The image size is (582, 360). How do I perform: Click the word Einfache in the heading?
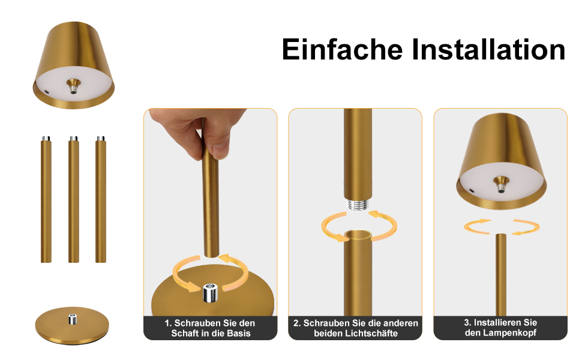342,49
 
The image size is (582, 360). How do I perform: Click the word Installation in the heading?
488,49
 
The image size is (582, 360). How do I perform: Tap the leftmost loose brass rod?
46,200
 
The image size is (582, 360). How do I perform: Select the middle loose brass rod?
73,200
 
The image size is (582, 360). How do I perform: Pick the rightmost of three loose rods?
101,200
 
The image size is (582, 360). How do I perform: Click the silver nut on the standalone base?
73,319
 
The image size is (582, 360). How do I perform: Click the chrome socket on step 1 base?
211,292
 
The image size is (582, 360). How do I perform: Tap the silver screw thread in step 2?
358,205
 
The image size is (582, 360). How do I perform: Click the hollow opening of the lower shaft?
358,235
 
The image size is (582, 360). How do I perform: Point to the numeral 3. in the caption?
467,323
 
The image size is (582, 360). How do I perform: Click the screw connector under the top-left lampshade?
73,86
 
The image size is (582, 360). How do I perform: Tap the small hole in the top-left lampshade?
46,91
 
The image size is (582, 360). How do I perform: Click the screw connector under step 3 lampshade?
501,184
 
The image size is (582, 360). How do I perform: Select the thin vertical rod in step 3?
501,275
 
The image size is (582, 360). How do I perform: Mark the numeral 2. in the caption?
297,323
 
